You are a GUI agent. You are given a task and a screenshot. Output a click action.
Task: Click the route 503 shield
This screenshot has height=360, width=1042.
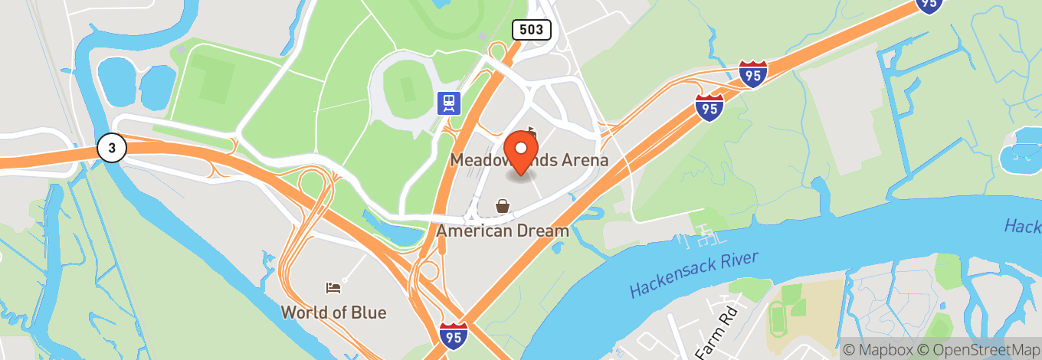(532, 30)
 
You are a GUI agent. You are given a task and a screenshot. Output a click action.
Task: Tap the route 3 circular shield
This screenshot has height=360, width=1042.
(111, 149)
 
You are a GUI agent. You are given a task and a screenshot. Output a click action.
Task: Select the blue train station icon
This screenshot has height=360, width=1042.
(448, 103)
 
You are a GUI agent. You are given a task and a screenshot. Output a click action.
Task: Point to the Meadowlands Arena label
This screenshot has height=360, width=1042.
(529, 161)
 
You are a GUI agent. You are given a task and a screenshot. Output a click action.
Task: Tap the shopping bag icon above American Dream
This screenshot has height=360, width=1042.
(503, 206)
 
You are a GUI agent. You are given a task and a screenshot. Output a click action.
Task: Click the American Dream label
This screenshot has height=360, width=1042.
(503, 231)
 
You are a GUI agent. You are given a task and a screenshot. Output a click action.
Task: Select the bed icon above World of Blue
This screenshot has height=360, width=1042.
(333, 288)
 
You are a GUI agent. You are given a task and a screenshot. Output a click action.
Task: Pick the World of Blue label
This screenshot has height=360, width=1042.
(333, 313)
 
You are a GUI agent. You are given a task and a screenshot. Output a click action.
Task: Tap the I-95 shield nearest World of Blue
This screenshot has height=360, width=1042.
(454, 335)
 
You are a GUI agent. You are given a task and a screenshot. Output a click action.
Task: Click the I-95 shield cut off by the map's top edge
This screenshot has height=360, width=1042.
(929, 5)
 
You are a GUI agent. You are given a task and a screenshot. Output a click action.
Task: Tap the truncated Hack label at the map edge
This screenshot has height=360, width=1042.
(1023, 227)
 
